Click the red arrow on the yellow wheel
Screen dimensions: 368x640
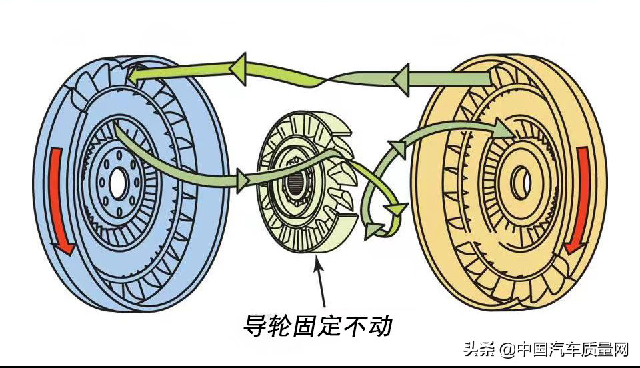click(579, 203)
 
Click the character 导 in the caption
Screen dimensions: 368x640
click(257, 325)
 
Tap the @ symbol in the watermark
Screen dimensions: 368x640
click(507, 349)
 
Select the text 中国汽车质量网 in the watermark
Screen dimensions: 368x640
click(573, 348)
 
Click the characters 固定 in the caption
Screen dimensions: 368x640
click(318, 325)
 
